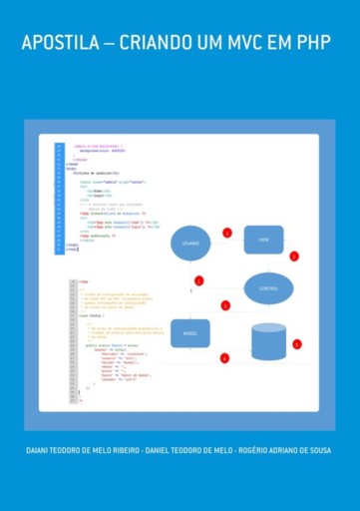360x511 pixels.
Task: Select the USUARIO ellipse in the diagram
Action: pyautogui.click(x=190, y=244)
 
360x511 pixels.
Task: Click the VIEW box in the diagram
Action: pyautogui.click(x=264, y=240)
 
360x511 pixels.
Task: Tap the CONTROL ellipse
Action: pyautogui.click(x=268, y=288)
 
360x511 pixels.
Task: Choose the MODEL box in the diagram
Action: pyautogui.click(x=190, y=333)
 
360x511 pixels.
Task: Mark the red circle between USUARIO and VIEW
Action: pyautogui.click(x=227, y=233)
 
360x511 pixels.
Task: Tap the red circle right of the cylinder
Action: pyautogui.click(x=296, y=344)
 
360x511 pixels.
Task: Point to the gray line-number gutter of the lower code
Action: pyautogui.click(x=72, y=339)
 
